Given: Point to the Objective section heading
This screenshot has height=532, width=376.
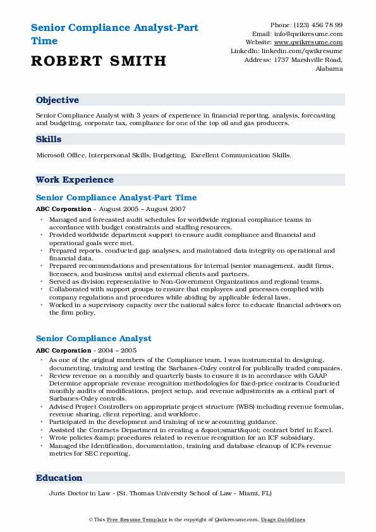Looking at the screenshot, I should tap(58, 100).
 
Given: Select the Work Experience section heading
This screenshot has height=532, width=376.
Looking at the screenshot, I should tap(75, 179).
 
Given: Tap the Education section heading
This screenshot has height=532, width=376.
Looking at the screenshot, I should tap(59, 478).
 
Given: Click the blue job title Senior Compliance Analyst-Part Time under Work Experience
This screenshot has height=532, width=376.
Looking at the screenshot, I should tap(116, 198).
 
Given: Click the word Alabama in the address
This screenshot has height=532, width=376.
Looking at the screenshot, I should tap(329, 68).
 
